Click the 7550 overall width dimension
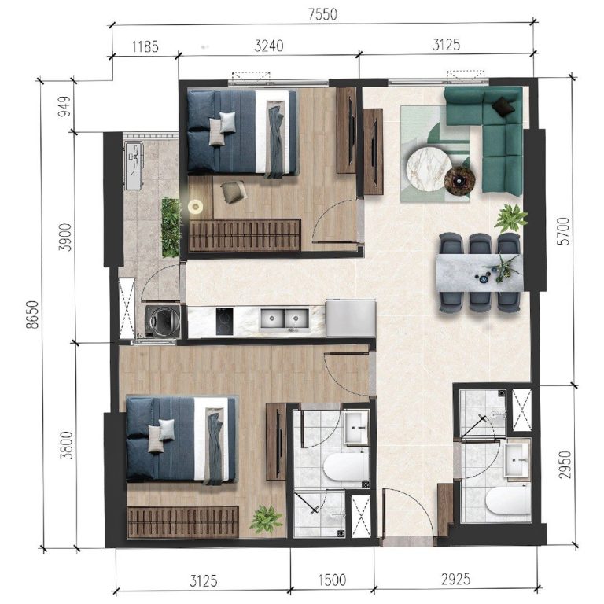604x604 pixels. tap(322, 14)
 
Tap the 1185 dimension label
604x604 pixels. tap(145, 46)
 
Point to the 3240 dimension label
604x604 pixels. tap(269, 46)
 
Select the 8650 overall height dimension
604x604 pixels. tap(33, 315)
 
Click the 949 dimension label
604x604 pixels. tap(64, 107)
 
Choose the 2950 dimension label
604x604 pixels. tap(565, 465)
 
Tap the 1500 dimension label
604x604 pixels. tap(332, 580)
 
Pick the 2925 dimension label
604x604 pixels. tap(455, 579)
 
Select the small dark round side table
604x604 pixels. tap(459, 181)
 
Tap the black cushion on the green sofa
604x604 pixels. tap(504, 106)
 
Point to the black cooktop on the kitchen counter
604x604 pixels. tap(225, 321)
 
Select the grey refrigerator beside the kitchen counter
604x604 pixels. tap(351, 319)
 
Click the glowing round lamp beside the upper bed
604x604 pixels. tap(196, 207)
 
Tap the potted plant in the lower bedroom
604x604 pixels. tap(266, 519)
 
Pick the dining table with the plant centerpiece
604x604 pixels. tap(480, 273)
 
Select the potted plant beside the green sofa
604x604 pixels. tap(510, 217)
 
